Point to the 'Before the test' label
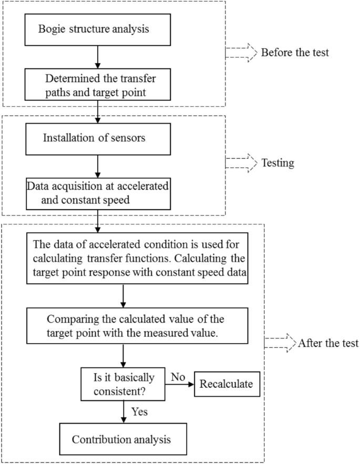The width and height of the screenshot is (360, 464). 294,53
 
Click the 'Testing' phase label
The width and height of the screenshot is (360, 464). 277,163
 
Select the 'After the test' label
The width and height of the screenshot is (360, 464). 328,344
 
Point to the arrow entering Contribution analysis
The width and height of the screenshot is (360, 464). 122,413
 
